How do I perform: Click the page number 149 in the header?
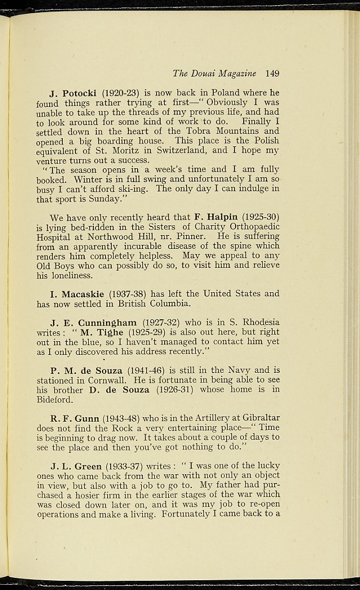click(272, 73)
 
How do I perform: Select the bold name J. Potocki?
click(74, 92)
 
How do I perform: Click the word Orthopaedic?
click(252, 226)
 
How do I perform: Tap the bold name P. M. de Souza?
click(86, 370)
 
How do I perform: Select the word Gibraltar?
click(257, 418)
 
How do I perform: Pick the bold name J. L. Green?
click(76, 466)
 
